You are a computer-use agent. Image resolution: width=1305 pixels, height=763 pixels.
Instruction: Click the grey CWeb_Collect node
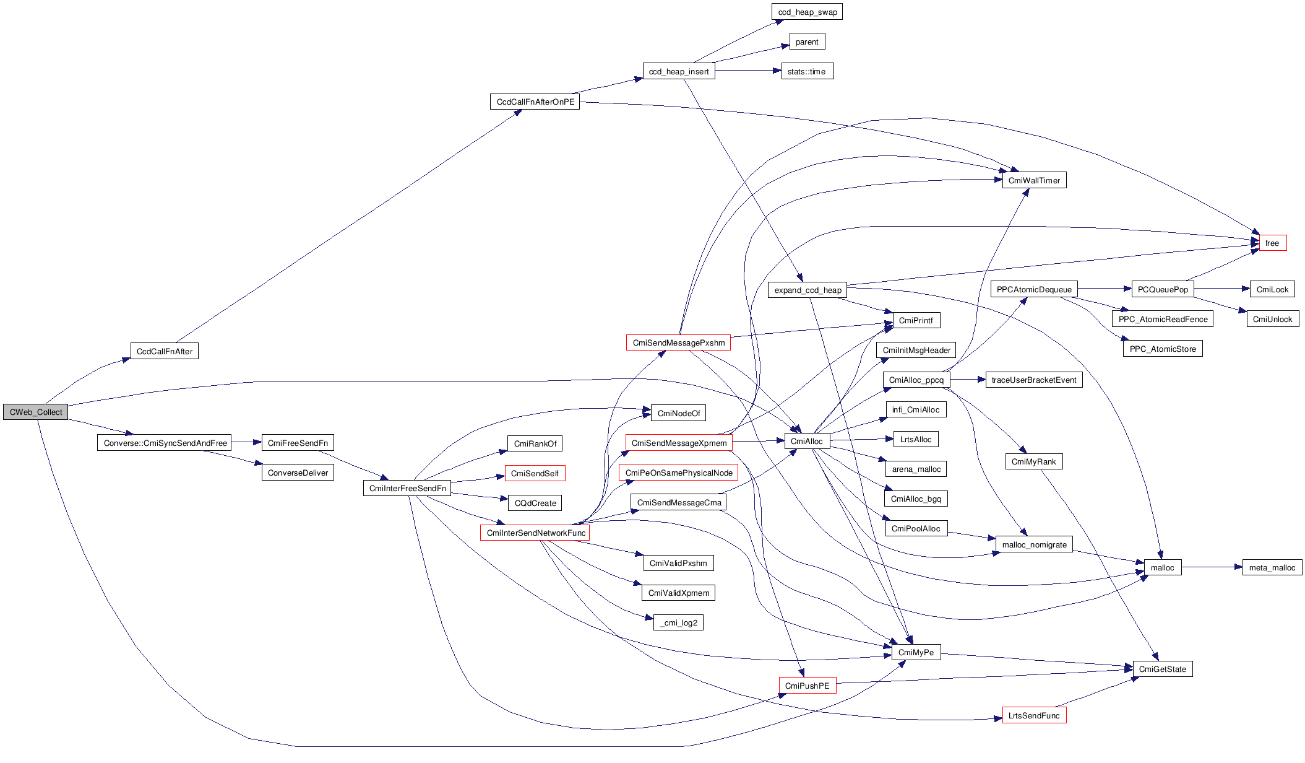[35, 412]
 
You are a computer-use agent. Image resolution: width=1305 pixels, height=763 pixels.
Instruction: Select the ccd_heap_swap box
[807, 12]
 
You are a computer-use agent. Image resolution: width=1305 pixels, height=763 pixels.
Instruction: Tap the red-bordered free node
[1272, 243]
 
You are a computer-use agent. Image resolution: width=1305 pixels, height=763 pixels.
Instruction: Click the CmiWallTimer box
[1034, 180]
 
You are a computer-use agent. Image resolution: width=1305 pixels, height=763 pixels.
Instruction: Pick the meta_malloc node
[1272, 567]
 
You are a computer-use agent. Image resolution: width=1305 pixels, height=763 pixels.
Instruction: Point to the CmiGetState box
[1162, 669]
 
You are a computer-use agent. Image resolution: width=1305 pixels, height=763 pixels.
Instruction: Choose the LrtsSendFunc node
[1034, 715]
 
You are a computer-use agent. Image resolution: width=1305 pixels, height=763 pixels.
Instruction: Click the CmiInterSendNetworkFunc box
[535, 533]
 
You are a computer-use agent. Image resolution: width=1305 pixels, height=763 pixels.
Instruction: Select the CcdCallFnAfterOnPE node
[535, 102]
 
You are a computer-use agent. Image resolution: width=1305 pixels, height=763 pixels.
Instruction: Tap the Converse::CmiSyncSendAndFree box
[165, 443]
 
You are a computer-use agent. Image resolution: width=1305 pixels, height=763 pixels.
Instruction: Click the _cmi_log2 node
[678, 622]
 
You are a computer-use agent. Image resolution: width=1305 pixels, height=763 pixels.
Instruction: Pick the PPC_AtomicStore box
[1162, 349]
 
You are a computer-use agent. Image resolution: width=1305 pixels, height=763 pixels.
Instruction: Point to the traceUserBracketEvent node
[1033, 380]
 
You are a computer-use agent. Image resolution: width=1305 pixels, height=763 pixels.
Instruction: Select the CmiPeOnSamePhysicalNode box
[678, 473]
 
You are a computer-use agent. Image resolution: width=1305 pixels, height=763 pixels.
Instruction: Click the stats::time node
[807, 71]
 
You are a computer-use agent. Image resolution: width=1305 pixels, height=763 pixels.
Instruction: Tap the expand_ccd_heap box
[808, 290]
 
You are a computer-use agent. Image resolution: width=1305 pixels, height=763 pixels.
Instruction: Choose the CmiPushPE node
[807, 686]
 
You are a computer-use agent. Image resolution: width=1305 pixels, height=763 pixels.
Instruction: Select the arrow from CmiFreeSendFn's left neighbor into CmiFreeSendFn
[246, 442]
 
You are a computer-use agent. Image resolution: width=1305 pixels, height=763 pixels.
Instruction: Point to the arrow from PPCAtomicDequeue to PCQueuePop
[1104, 289]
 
